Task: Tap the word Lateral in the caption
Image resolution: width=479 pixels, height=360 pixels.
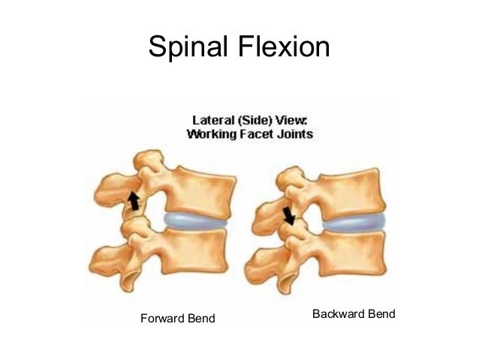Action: tap(208, 120)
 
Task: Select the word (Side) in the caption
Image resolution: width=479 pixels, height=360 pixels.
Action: tap(252, 120)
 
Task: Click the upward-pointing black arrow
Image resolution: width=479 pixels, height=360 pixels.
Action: tap(134, 200)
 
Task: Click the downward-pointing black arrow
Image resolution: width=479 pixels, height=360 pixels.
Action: tap(289, 216)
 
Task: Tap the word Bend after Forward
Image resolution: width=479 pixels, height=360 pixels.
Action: tap(200, 319)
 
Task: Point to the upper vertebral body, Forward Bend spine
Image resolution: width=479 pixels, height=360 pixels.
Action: tap(197, 187)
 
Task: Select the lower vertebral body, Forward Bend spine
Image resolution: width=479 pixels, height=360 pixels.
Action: tap(195, 252)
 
